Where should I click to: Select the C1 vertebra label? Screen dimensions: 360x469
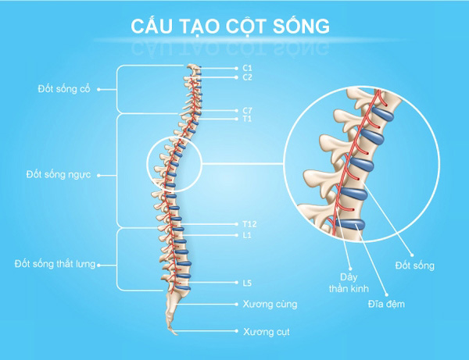(247, 69)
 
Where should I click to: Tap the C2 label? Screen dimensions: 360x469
(247, 77)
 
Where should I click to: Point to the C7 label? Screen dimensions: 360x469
(247, 110)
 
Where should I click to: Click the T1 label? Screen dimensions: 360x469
(247, 119)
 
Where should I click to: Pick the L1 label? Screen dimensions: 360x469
(247, 233)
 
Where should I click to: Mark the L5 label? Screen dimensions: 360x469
(247, 282)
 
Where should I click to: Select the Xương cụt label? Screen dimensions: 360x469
(261, 331)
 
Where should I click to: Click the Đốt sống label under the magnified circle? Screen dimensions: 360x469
(414, 266)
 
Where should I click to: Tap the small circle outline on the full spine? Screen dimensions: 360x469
(174, 165)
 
